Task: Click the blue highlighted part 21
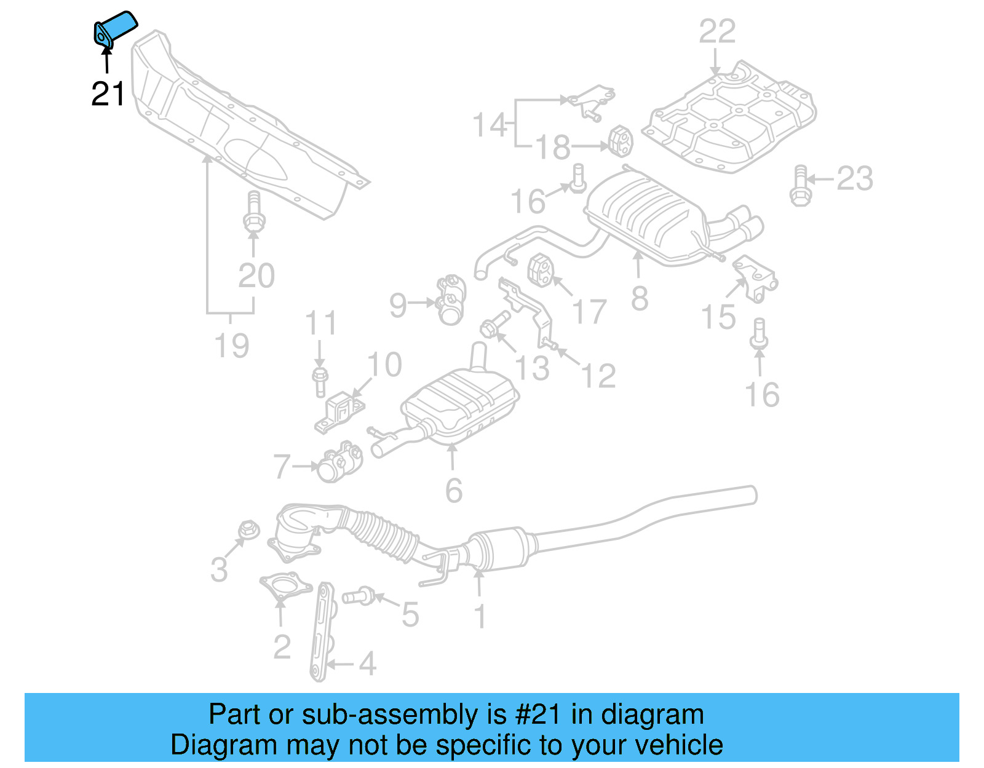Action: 116,27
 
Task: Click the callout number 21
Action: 108,94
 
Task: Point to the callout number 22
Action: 717,32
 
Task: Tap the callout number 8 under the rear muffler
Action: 640,299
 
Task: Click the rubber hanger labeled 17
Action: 541,271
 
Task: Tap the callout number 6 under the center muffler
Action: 453,491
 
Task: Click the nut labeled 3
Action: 248,529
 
